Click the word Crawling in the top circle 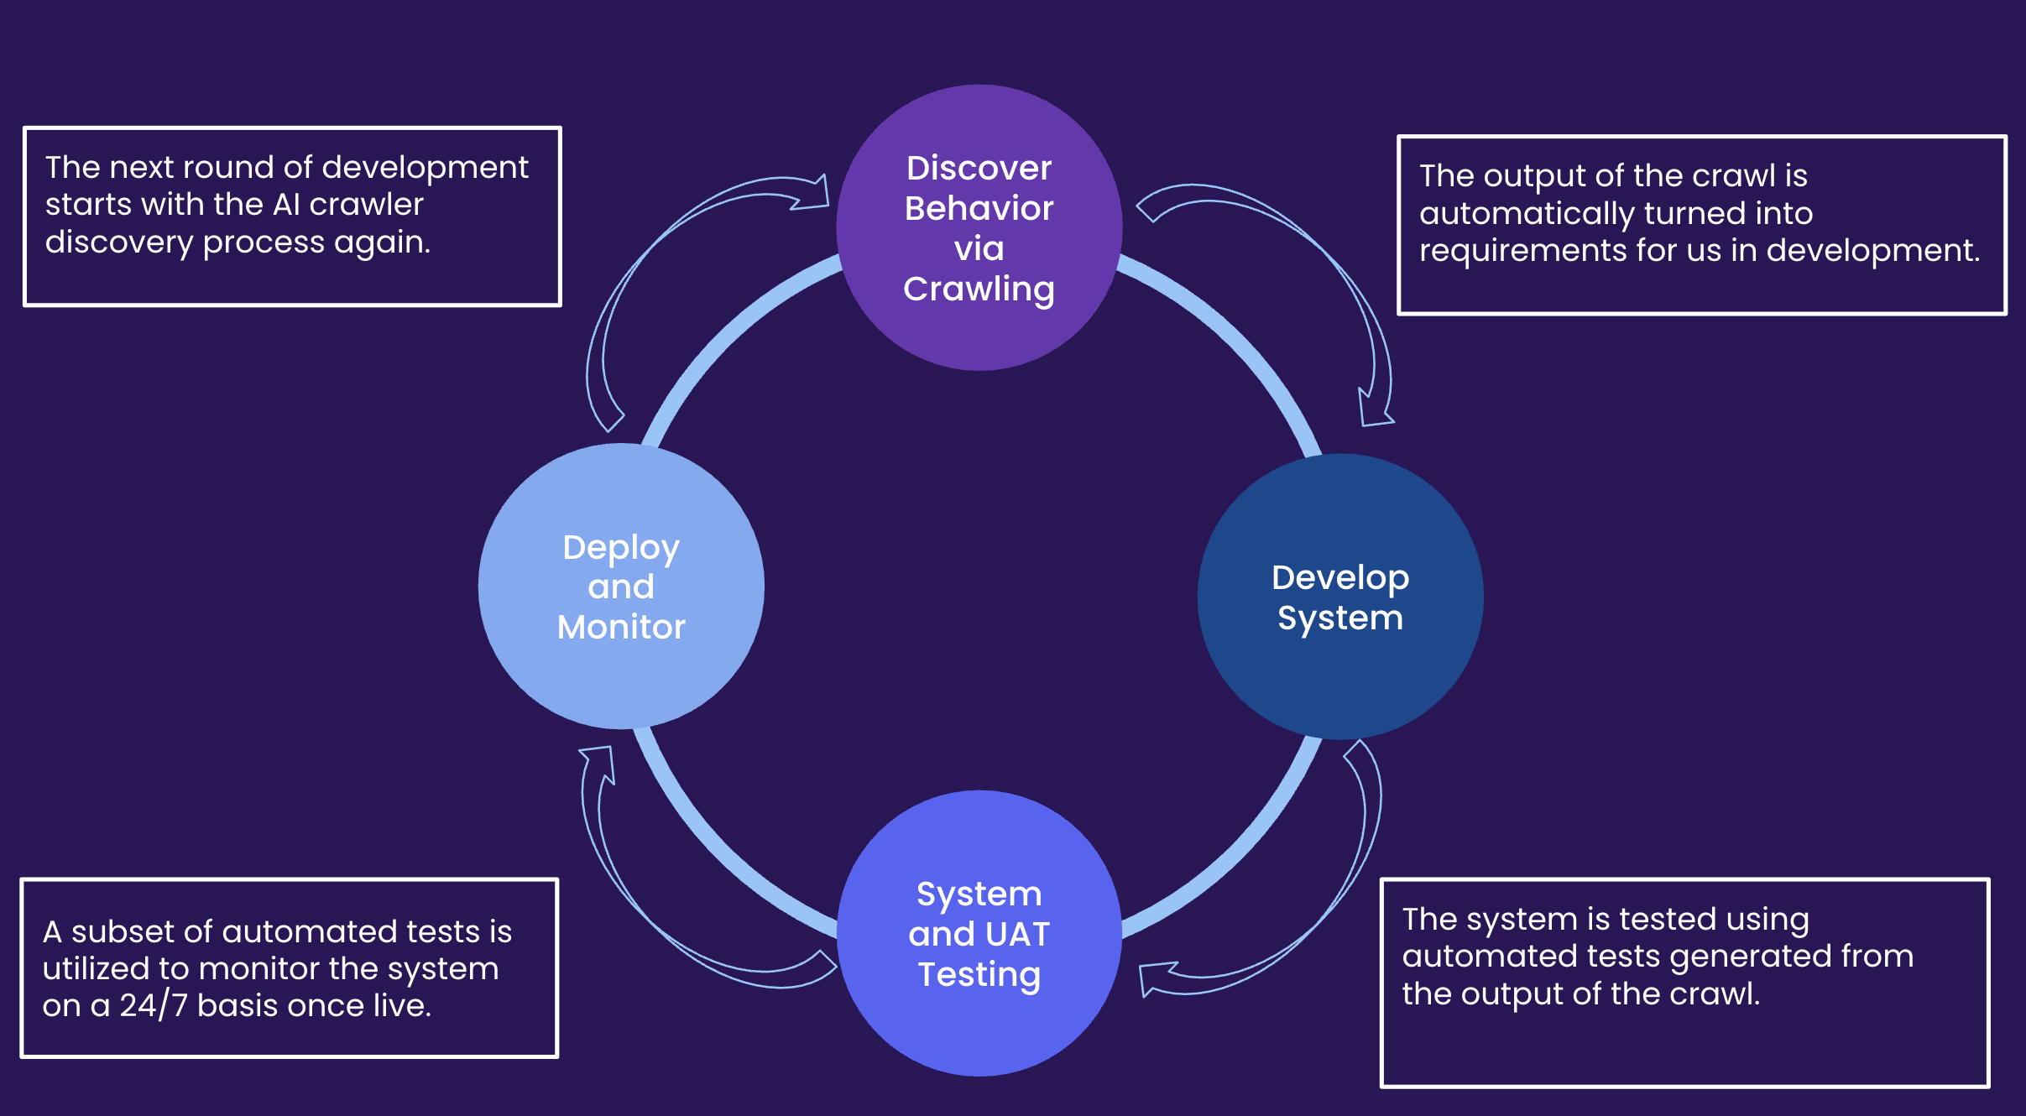pos(979,289)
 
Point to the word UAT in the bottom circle pos(1017,934)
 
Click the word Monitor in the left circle pos(621,627)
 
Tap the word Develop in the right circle pos(1339,577)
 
